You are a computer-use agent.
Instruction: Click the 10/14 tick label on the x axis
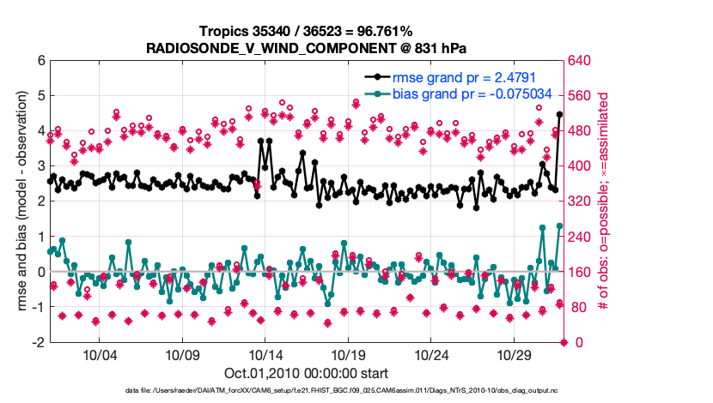266,355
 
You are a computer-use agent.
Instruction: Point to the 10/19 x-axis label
350,355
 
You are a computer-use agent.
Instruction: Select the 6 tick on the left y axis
40,61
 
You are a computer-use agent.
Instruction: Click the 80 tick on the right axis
576,307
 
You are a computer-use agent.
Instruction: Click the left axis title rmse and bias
18,201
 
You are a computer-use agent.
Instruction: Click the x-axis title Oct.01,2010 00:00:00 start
306,374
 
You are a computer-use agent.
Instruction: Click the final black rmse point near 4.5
559,114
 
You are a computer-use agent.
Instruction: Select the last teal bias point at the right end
559,226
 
